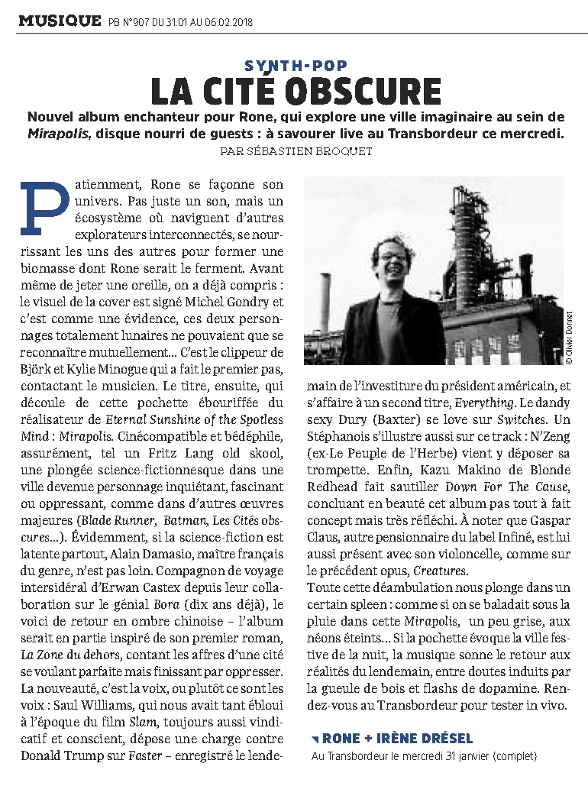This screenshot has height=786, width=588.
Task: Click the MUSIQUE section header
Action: click(60, 20)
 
